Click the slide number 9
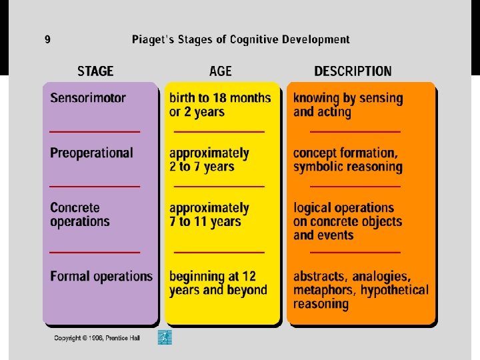[x=47, y=39]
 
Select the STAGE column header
[x=95, y=71]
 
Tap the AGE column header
[x=221, y=71]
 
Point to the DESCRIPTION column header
[x=353, y=71]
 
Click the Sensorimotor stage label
[x=88, y=98]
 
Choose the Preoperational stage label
[x=91, y=153]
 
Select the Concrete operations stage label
[x=79, y=215]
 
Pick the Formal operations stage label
[x=101, y=276]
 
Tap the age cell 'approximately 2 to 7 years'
[x=209, y=159]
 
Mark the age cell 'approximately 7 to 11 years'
[x=209, y=215]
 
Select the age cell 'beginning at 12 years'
[x=218, y=283]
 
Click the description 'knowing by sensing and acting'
[x=348, y=105]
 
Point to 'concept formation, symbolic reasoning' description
[x=347, y=159]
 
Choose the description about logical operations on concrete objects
[x=347, y=221]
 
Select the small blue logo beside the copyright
[x=165, y=337]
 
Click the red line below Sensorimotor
[x=95, y=131]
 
